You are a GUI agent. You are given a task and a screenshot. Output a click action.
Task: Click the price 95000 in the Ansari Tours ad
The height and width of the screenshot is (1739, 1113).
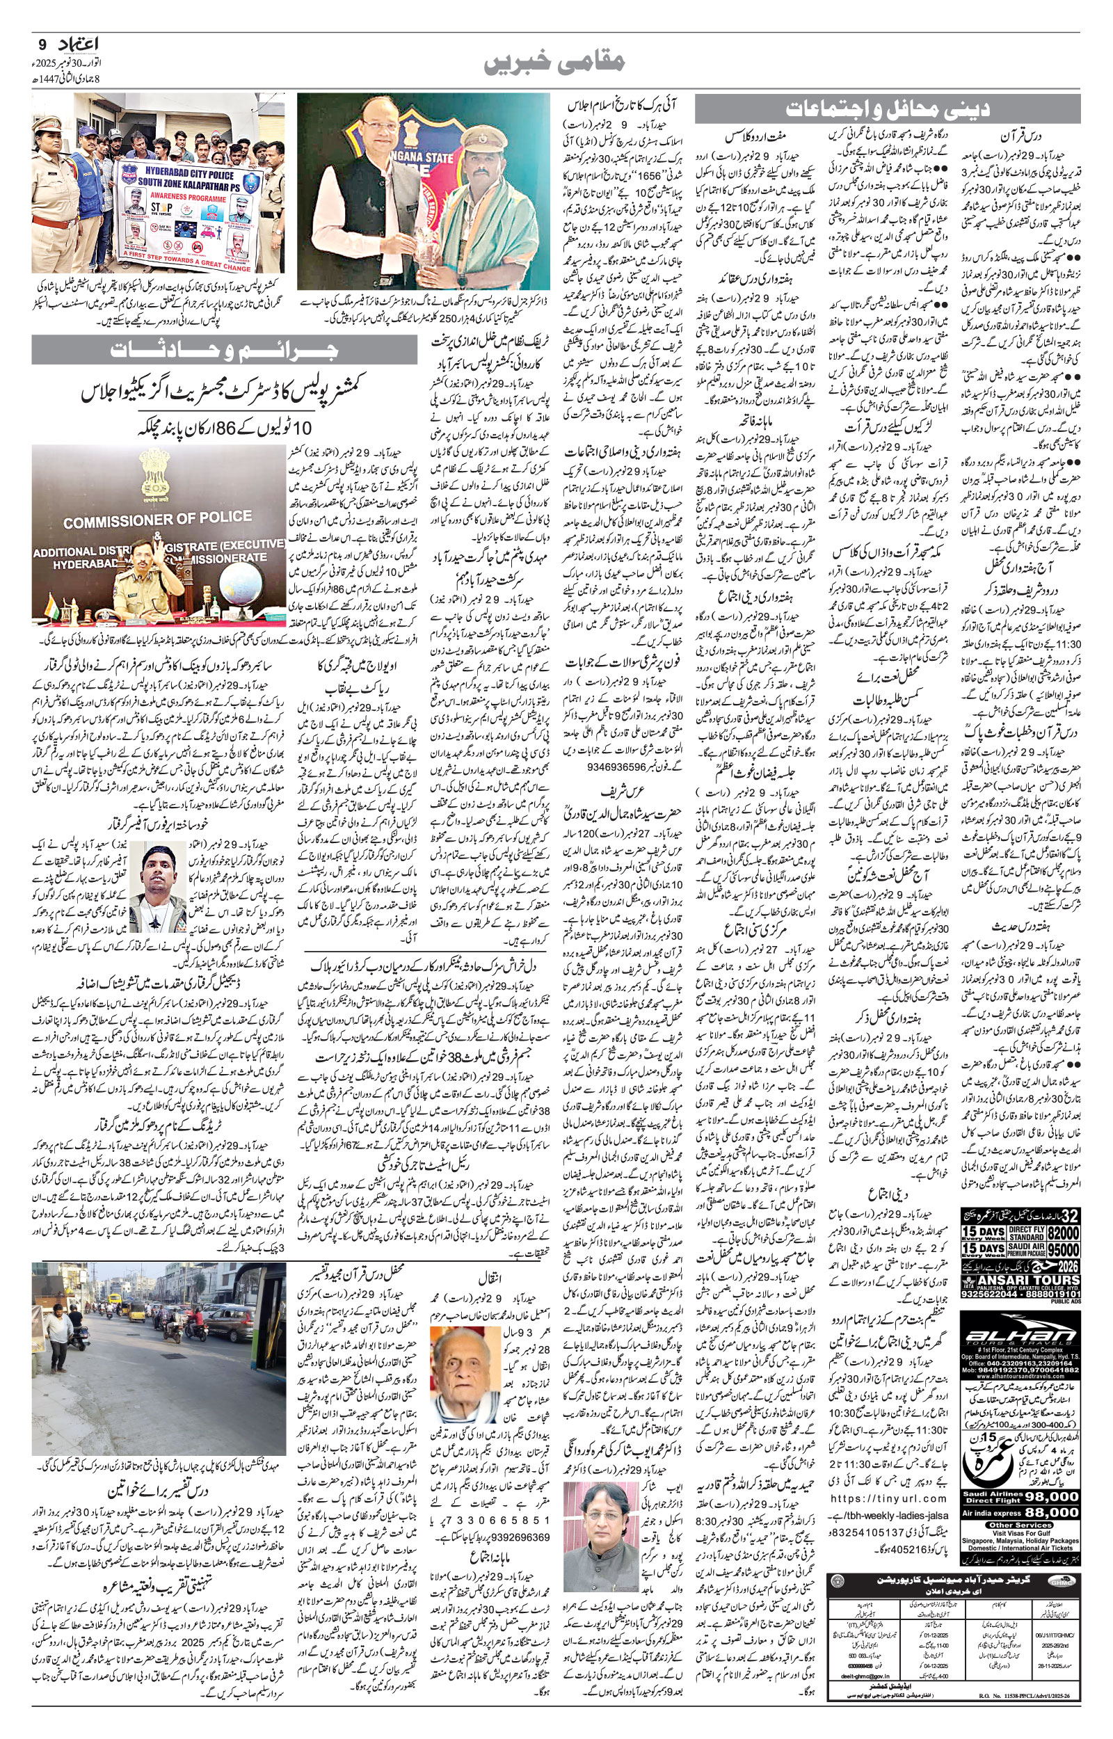pos(1061,1250)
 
